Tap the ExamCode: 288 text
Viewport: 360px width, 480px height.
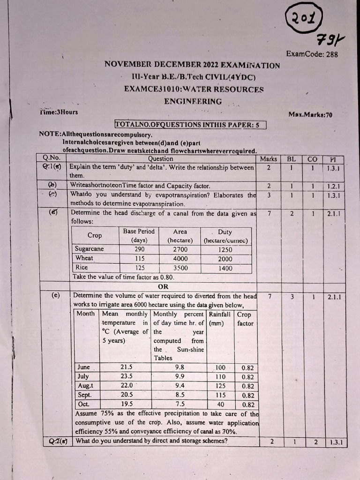(312, 54)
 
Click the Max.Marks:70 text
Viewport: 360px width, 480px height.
(310, 114)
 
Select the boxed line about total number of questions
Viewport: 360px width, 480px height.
(190, 125)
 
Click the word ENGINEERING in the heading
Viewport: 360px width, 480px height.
(193, 101)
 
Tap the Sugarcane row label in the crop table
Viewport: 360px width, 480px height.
(90, 249)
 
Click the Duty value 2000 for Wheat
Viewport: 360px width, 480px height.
(225, 259)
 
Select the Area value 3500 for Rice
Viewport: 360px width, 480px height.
(180, 268)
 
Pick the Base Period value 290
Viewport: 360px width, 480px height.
(139, 249)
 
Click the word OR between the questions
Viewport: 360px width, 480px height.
(163, 286)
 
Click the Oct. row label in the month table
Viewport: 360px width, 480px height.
(83, 404)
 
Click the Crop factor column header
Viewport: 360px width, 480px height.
(245, 319)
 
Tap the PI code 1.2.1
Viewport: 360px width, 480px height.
(333, 186)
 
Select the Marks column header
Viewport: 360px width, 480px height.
(268, 159)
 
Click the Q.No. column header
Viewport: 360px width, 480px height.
(51, 158)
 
